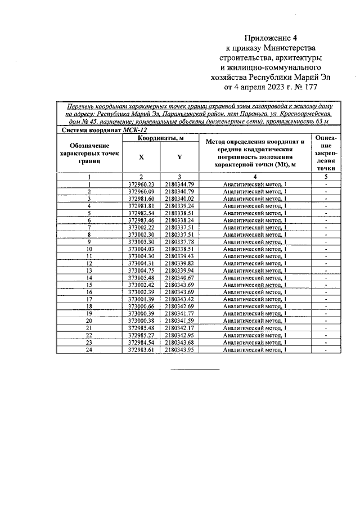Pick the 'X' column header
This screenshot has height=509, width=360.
pos(141,158)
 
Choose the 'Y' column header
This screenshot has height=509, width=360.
pos(179,158)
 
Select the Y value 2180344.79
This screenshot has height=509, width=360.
pos(179,184)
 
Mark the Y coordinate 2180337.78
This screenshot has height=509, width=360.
pos(179,241)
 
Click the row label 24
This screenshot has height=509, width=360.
pos(89,349)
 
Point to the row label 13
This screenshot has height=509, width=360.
pos(89,271)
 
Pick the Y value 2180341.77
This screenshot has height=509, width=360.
pos(179,313)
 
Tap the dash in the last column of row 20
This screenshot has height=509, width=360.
pos(326,321)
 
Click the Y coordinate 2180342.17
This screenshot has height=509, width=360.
pos(179,328)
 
